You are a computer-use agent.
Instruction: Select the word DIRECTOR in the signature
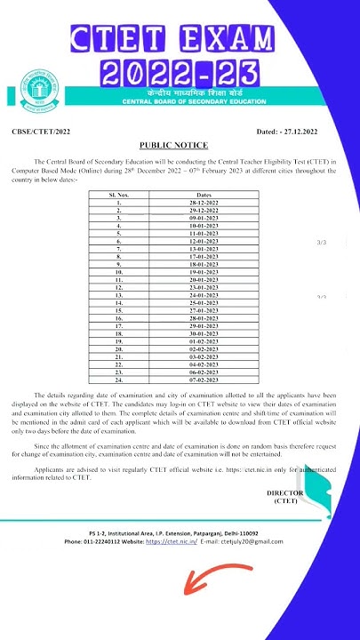tap(284, 492)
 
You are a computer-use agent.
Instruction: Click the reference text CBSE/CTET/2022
tap(42, 132)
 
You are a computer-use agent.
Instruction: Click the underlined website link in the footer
tap(171, 541)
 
